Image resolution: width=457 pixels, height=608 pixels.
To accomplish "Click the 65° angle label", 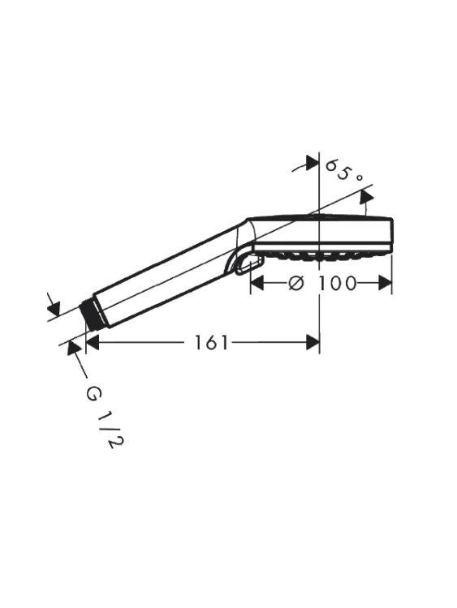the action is pyautogui.click(x=344, y=170).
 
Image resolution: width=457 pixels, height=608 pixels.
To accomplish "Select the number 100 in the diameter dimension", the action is pyautogui.click(x=337, y=284).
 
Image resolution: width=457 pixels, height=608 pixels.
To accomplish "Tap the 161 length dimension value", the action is pyautogui.click(x=211, y=342).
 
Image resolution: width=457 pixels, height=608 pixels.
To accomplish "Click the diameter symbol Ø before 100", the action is pyautogui.click(x=295, y=284).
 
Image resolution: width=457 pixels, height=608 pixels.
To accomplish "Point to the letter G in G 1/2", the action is pyautogui.click(x=93, y=393).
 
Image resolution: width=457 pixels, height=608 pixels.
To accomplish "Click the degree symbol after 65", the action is pyautogui.click(x=359, y=178).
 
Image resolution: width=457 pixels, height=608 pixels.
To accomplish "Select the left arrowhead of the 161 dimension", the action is pyautogui.click(x=92, y=342).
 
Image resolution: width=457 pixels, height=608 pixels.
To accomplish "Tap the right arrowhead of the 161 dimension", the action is pyautogui.click(x=313, y=342).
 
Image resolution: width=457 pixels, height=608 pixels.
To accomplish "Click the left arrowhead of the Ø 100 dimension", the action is pyautogui.click(x=257, y=283).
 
